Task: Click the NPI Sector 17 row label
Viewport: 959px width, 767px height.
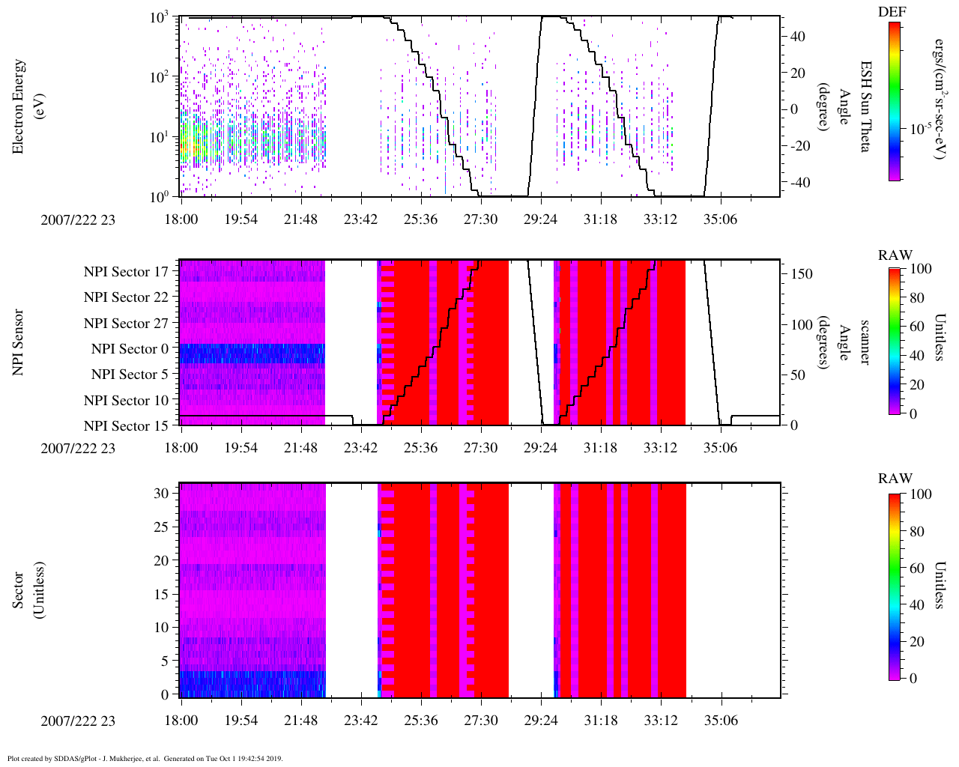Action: [x=126, y=272]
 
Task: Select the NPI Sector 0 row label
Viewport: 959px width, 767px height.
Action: [x=130, y=349]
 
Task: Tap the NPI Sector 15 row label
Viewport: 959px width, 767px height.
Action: [x=126, y=426]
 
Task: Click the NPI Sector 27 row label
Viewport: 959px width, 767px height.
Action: [x=126, y=324]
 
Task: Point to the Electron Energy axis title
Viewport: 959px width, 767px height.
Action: [x=26, y=106]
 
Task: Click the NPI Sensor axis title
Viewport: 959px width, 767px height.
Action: [x=18, y=342]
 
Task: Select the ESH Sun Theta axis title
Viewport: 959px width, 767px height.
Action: [x=865, y=106]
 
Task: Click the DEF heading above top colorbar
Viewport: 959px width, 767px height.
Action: [x=892, y=11]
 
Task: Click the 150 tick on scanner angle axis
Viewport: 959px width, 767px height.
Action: [x=802, y=274]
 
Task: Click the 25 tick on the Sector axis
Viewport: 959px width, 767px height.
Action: [x=161, y=527]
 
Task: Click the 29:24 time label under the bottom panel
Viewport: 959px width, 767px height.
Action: [x=540, y=721]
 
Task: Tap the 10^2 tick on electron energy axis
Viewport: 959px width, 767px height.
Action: [x=158, y=77]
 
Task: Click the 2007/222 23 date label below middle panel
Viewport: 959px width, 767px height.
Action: [x=78, y=448]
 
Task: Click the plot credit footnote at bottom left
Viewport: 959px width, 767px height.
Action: [x=145, y=758]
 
